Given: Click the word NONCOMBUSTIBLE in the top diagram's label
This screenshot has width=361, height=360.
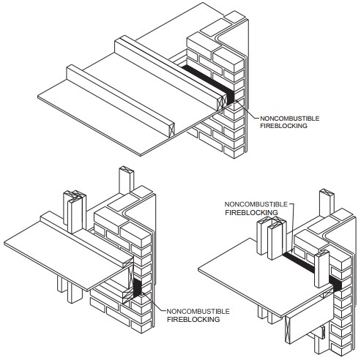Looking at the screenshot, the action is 289,119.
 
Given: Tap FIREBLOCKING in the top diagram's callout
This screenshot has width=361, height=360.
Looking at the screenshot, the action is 283,126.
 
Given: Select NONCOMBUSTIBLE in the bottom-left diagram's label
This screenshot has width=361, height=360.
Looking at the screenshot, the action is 198,312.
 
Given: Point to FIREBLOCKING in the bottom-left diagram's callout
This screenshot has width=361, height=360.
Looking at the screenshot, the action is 193,319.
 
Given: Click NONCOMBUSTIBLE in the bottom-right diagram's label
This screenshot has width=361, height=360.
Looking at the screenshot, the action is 256,204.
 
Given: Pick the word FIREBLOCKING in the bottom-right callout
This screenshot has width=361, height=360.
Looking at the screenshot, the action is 251,213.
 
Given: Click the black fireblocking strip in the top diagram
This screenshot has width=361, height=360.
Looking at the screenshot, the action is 209,83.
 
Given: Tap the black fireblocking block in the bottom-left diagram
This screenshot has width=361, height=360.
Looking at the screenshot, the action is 138,288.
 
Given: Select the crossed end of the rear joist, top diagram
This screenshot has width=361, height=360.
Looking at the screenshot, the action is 222,103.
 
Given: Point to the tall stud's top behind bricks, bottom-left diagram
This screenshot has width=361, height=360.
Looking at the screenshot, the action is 127,170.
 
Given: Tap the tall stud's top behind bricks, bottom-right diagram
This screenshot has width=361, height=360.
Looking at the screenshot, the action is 327,192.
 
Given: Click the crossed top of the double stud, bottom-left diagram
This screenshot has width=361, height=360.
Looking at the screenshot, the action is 75,195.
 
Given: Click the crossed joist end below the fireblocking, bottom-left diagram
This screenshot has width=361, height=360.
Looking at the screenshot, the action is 127,298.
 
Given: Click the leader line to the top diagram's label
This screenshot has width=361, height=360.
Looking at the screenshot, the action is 247,109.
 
